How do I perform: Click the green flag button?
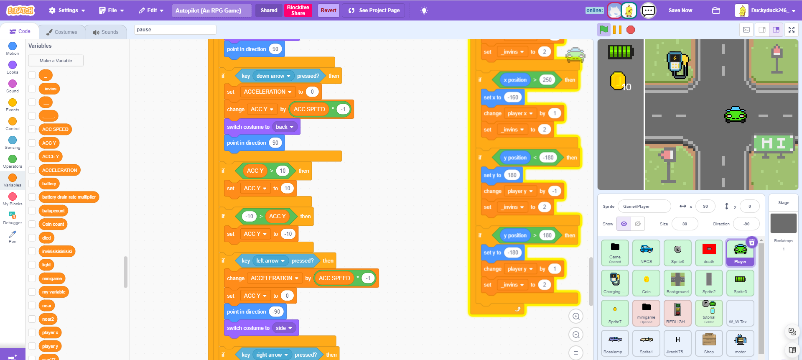click(x=603, y=30)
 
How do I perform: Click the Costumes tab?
click(x=62, y=32)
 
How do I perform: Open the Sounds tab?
click(x=106, y=32)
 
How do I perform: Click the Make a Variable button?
click(x=56, y=61)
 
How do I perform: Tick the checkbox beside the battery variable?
click(x=32, y=184)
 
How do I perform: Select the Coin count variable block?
click(x=53, y=224)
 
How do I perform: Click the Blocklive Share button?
click(x=298, y=10)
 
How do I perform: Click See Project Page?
click(x=374, y=10)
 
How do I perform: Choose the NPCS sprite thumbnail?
click(x=646, y=253)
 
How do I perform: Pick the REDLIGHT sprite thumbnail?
click(x=677, y=313)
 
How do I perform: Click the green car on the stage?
click(x=736, y=115)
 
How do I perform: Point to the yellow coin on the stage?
click(x=617, y=81)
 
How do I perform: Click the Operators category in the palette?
click(x=13, y=161)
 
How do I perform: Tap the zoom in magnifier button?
click(x=576, y=317)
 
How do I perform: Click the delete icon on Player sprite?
click(x=751, y=242)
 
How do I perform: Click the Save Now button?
click(x=680, y=10)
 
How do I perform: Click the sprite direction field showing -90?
click(x=746, y=224)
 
